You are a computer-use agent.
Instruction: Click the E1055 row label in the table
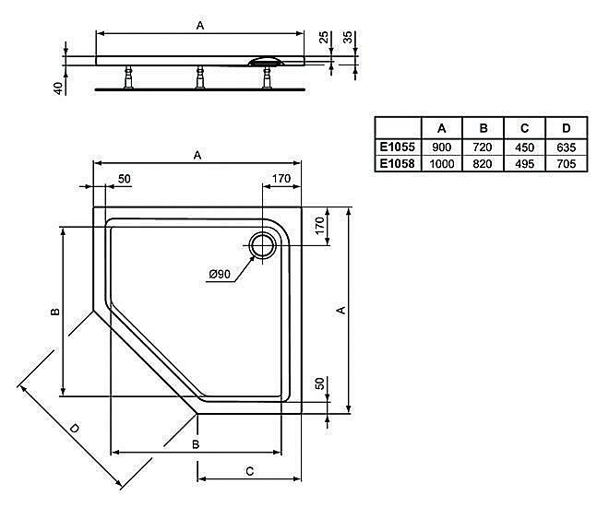[397, 147]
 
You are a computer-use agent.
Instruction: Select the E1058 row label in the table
[397, 163]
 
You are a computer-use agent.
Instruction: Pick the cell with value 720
[483, 147]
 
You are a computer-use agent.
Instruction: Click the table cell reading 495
[524, 163]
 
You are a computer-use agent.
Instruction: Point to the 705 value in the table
[566, 163]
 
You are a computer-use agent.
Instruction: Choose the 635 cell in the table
[566, 147]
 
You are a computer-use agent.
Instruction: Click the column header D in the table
[566, 128]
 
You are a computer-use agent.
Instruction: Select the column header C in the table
[524, 128]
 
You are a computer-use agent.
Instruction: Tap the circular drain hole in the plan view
[263, 246]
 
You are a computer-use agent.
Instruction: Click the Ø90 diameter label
[219, 274]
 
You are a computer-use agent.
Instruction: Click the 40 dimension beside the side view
[57, 88]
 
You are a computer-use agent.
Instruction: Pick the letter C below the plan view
[249, 470]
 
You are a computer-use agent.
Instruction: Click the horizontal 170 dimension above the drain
[281, 178]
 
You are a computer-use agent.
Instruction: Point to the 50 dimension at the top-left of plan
[125, 178]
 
